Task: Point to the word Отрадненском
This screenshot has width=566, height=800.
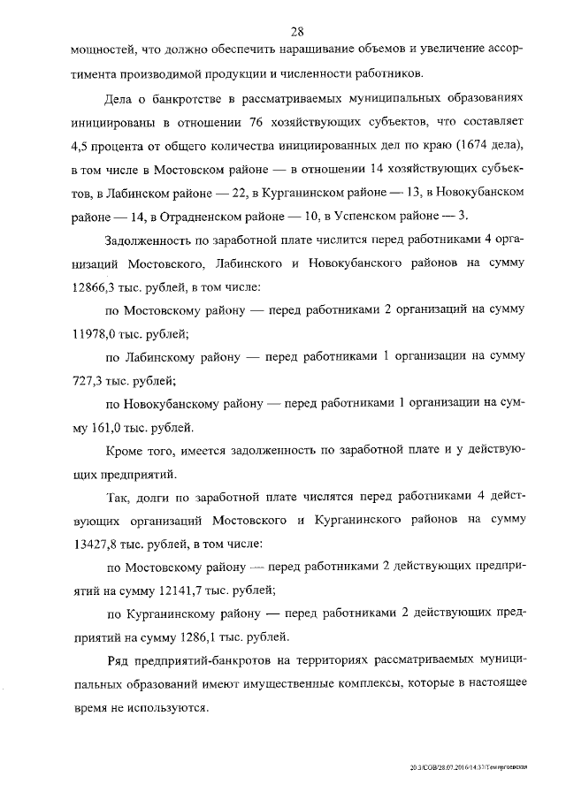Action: pyautogui.click(x=193, y=216)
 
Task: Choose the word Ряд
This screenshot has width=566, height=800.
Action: pyautogui.click(x=118, y=661)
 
